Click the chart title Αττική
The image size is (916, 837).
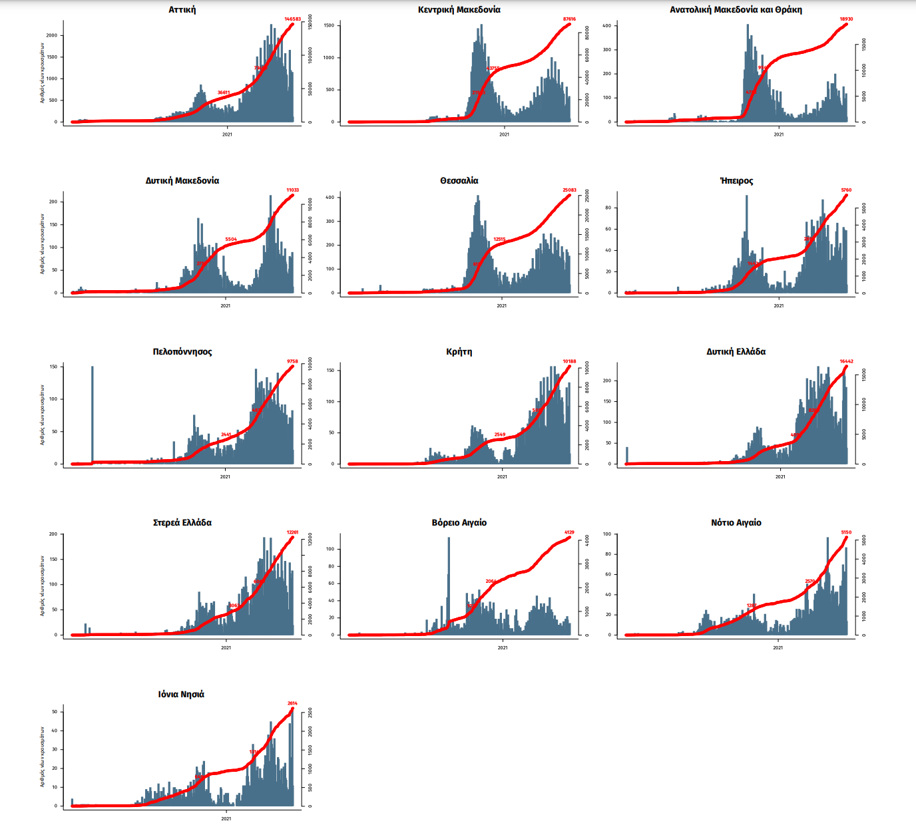click(x=182, y=10)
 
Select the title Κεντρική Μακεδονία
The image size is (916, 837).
click(x=459, y=10)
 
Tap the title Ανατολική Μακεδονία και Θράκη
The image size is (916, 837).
click(x=736, y=10)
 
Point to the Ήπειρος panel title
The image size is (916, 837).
click(x=736, y=181)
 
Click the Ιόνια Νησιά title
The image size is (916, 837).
click(x=181, y=694)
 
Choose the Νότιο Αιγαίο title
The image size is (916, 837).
click(x=736, y=523)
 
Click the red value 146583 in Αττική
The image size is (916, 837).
click(x=293, y=19)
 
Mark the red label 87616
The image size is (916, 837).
click(x=569, y=19)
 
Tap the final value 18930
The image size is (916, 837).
click(x=846, y=19)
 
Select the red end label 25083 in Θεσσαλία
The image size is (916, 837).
click(x=569, y=190)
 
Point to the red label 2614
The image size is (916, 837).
click(x=292, y=703)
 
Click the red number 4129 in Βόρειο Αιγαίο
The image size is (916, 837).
click(x=569, y=532)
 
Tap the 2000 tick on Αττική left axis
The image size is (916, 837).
click(x=51, y=35)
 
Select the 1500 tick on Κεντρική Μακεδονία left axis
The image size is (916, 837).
click(x=329, y=25)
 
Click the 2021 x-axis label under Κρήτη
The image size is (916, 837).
click(x=502, y=476)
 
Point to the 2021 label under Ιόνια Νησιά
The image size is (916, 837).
click(x=226, y=818)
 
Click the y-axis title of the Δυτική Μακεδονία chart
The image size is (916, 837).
click(x=42, y=244)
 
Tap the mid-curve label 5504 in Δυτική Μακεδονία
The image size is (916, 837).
click(x=231, y=240)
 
